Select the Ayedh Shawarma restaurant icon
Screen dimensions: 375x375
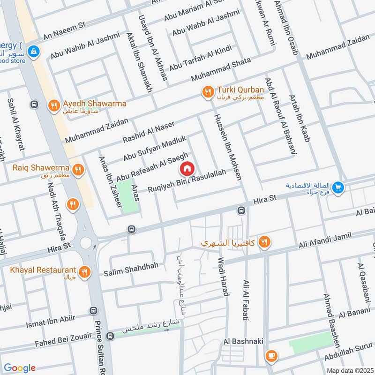pyautogui.click(x=54, y=106)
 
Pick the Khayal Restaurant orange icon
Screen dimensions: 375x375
pyautogui.click(x=84, y=272)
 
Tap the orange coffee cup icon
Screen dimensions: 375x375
pyautogui.click(x=270, y=356)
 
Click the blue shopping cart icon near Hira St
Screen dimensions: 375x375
pyautogui.click(x=338, y=188)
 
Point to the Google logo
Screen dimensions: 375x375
pyautogui.click(x=19, y=367)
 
